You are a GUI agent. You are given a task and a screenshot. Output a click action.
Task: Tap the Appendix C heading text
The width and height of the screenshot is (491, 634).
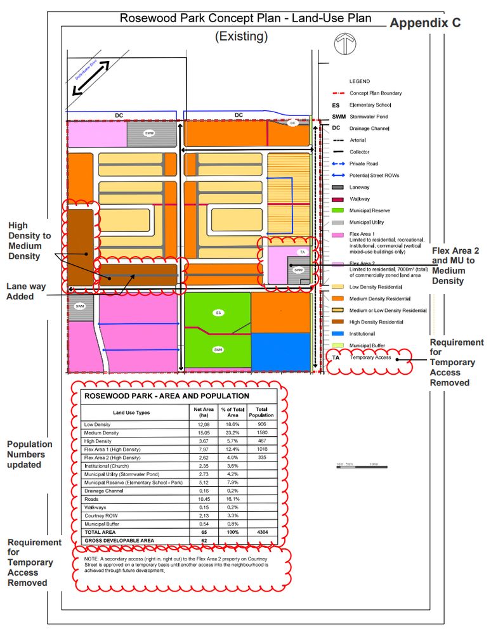pyautogui.click(x=424, y=23)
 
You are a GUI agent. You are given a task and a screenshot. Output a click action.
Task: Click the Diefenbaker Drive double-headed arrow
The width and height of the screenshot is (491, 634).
pyautogui.click(x=91, y=77)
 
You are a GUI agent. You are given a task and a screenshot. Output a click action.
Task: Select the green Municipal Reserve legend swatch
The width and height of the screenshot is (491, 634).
pyautogui.click(x=337, y=210)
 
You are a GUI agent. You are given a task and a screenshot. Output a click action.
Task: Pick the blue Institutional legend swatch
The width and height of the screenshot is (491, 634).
pyautogui.click(x=337, y=333)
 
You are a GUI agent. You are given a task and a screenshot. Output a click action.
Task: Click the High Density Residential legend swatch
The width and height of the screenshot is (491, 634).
pyautogui.click(x=337, y=321)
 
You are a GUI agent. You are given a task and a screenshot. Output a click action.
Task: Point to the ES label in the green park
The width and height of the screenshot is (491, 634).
pyautogui.click(x=218, y=313)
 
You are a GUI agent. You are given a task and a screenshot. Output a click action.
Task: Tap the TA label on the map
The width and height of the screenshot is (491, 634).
pyautogui.click(x=302, y=252)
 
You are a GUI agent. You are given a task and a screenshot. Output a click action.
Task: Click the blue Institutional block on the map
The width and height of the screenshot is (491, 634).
pyautogui.click(x=281, y=351)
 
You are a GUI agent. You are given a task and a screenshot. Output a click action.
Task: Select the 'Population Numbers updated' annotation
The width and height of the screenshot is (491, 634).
pyautogui.click(x=29, y=455)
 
